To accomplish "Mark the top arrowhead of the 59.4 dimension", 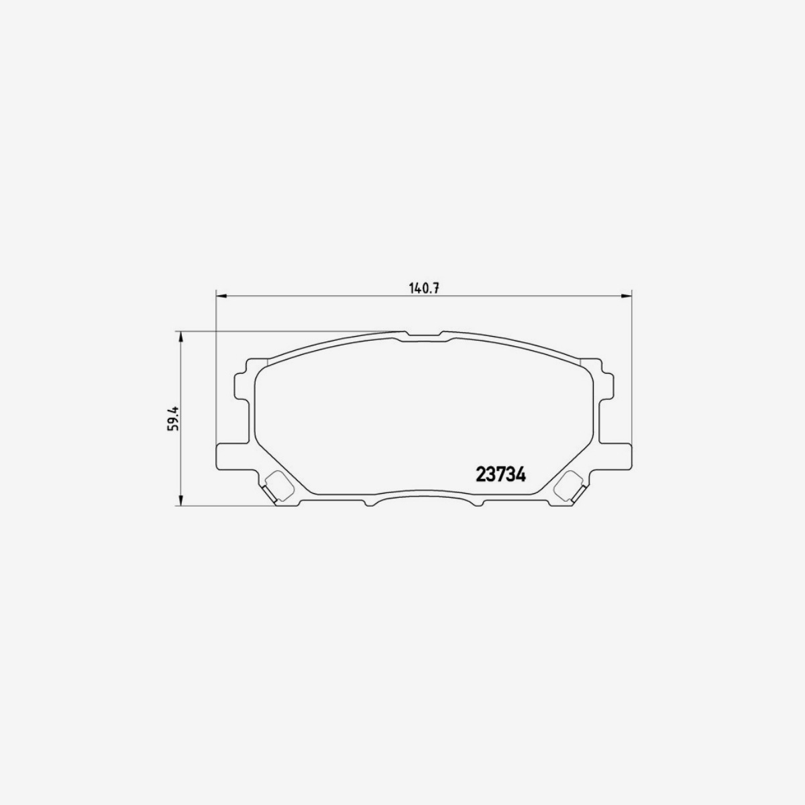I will (x=180, y=336).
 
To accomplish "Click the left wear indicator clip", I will (x=277, y=486).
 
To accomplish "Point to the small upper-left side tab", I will (x=241, y=385).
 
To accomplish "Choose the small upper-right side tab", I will (x=607, y=385).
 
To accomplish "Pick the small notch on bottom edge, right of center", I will (x=477, y=503).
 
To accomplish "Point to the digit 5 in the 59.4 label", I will (x=173, y=427).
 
